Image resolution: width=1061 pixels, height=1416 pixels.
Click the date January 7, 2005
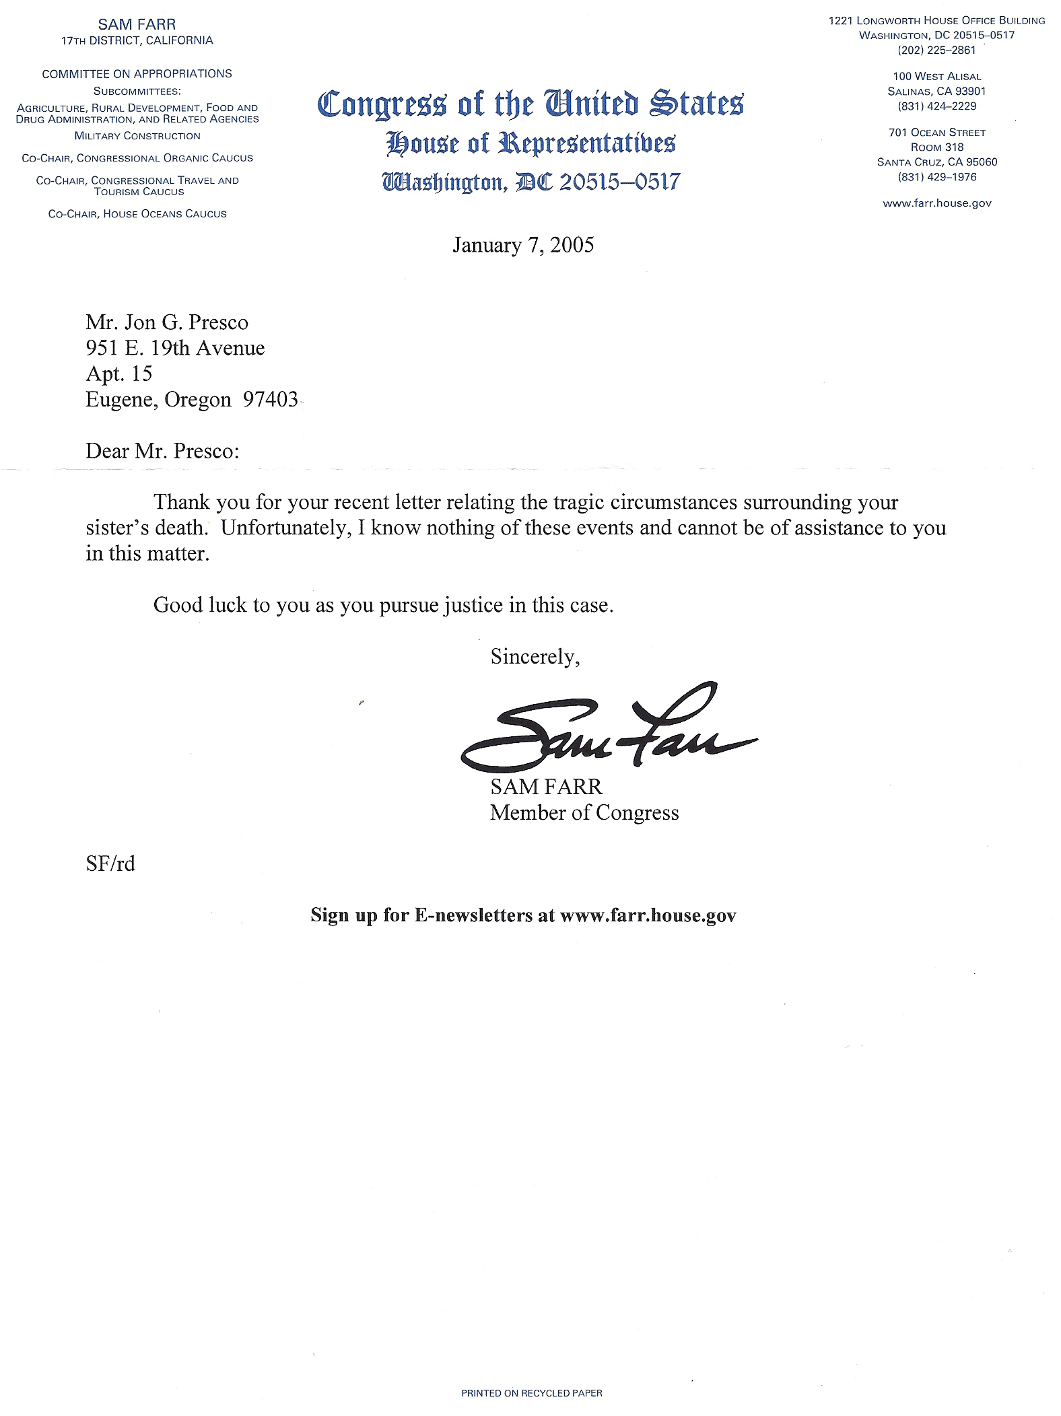pyautogui.click(x=523, y=244)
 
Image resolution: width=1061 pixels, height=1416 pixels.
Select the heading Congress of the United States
pyautogui.click(x=530, y=104)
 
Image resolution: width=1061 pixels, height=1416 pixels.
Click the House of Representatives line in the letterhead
pyautogui.click(x=530, y=143)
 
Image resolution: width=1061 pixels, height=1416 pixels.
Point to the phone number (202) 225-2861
pyautogui.click(x=936, y=50)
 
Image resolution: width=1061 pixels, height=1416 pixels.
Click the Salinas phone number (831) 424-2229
pyautogui.click(x=936, y=106)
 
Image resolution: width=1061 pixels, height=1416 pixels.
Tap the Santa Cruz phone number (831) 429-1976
pyautogui.click(x=936, y=177)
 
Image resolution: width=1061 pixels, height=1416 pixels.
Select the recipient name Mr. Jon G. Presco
pyautogui.click(x=167, y=322)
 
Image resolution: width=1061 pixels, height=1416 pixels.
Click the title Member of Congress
pyautogui.click(x=584, y=813)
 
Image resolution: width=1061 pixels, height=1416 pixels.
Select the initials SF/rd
pyautogui.click(x=110, y=863)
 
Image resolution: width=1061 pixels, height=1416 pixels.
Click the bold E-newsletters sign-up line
pyautogui.click(x=523, y=915)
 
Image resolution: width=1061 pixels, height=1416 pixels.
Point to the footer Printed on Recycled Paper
pyautogui.click(x=531, y=1392)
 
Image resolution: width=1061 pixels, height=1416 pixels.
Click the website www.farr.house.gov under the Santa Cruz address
pyautogui.click(x=936, y=203)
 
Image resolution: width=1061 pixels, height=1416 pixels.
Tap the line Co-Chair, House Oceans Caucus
pyautogui.click(x=137, y=214)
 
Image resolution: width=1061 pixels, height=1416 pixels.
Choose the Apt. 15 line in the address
pyautogui.click(x=119, y=374)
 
